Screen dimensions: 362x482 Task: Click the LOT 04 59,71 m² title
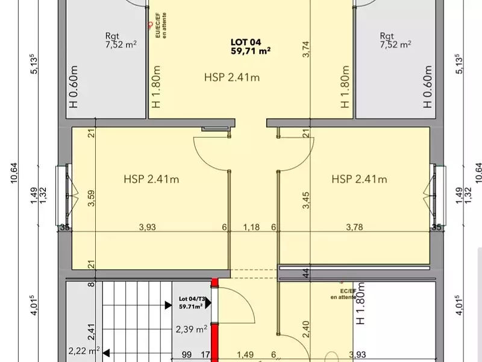point(250,46)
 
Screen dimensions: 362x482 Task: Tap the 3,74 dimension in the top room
point(306,48)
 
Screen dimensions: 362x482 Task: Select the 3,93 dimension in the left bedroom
point(148,227)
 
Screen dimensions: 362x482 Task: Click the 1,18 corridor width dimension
point(251,227)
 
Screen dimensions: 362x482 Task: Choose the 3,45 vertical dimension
point(305,199)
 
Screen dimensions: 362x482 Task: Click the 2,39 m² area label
point(192,329)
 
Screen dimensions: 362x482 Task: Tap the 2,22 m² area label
point(84,351)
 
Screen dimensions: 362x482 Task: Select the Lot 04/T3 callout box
point(191,302)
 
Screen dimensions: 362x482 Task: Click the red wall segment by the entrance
point(213,320)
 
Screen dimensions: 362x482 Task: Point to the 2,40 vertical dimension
point(305,329)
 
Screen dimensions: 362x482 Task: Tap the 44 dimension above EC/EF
point(305,272)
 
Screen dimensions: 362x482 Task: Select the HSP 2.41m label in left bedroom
point(151,179)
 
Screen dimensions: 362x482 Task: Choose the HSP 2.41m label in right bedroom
point(359,179)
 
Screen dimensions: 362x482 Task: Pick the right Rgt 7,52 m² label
point(395,40)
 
